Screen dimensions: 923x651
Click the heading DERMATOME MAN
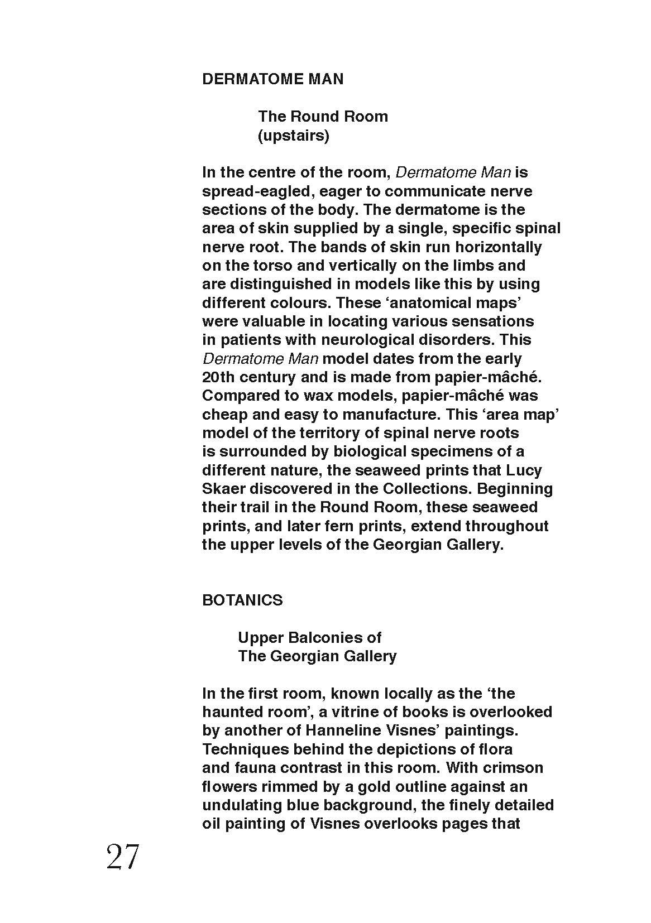click(x=272, y=79)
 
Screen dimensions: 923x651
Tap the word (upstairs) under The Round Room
click(x=293, y=136)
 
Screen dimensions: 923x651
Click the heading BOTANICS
click(x=242, y=600)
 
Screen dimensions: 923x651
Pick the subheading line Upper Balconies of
click(x=309, y=637)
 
